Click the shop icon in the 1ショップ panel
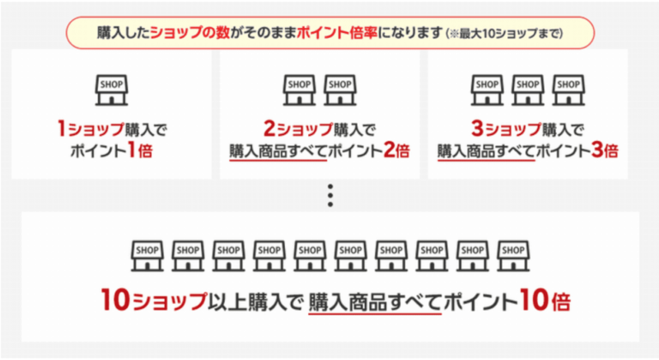click(x=111, y=90)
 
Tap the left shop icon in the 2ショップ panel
click(x=299, y=90)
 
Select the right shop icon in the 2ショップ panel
click(x=340, y=90)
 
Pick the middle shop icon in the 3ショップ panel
click(x=528, y=90)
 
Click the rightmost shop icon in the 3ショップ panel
click(x=568, y=90)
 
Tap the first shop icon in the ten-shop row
click(x=147, y=256)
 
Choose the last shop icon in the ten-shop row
click(x=513, y=256)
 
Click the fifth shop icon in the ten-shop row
click(x=310, y=256)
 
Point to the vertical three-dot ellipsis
click(x=330, y=195)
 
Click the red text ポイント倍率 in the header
click(x=337, y=32)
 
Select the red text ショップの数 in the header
click(x=190, y=32)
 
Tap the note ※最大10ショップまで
click(x=504, y=33)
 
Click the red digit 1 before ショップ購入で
click(x=62, y=129)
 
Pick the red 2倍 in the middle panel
click(x=396, y=151)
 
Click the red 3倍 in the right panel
click(x=605, y=151)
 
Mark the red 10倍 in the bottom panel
click(x=545, y=300)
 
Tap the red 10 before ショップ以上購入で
click(x=115, y=300)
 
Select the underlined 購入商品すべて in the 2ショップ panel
click(x=278, y=152)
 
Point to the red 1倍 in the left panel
click(x=140, y=151)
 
